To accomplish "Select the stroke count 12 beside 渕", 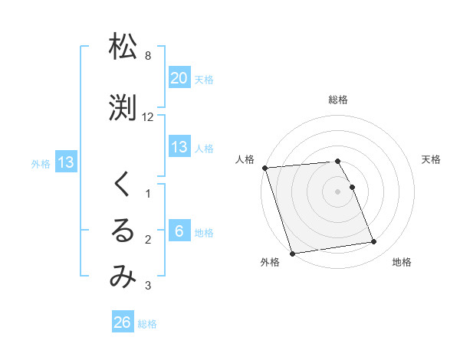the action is pos(148,117).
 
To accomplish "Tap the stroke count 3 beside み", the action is pos(148,286).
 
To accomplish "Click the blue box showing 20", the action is pos(179,78).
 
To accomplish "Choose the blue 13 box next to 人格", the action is pos(179,147).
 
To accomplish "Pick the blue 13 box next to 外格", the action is pos(65,162).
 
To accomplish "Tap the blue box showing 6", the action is pos(179,231).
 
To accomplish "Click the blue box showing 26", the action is pos(123,322).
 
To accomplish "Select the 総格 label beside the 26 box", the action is pos(147,324).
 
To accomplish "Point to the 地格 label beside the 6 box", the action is pos(204,233).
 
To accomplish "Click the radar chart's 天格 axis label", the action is pos(431,159).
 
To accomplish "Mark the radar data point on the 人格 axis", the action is pos(264,168).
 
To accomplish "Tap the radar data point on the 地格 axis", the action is pos(374,243).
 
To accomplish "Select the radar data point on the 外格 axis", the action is pos(291,253).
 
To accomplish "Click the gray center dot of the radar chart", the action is pos(337,191).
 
